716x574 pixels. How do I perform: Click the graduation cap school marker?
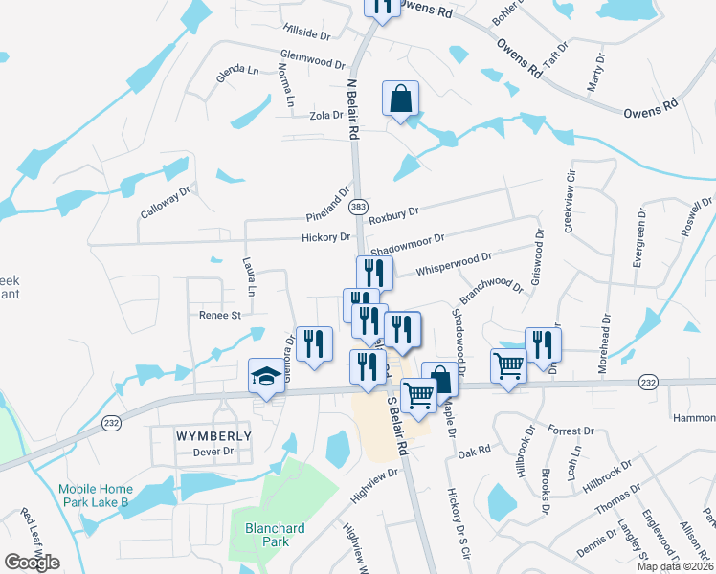[267, 377]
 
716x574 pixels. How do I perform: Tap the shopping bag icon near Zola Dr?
[401, 99]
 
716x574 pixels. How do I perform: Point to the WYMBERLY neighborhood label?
[213, 435]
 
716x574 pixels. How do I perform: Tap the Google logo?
[32, 563]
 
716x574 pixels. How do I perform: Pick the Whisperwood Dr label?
[453, 263]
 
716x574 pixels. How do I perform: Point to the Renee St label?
[219, 314]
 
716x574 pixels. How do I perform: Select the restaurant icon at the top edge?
[382, 8]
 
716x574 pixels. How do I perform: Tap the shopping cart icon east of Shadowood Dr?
[508, 364]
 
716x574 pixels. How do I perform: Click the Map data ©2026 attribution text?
[676, 566]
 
